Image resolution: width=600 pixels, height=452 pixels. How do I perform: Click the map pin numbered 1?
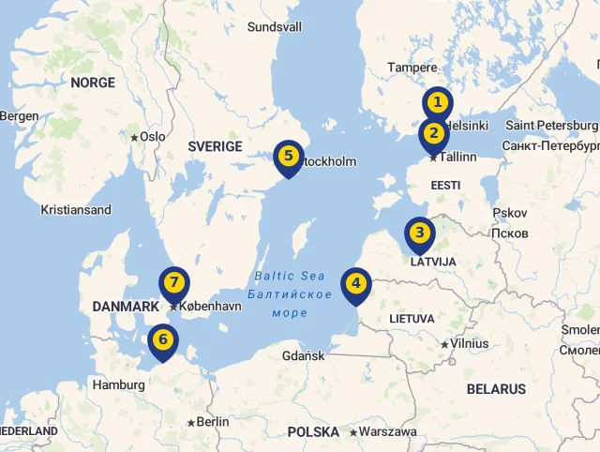tap(436, 102)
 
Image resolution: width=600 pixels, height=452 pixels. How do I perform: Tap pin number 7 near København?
tap(173, 282)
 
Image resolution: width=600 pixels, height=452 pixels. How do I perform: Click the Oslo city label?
tap(152, 137)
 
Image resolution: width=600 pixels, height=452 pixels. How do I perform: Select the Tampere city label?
tap(412, 68)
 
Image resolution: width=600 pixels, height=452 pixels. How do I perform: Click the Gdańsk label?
tap(303, 356)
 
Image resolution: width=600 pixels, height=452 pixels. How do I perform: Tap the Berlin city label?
tap(213, 422)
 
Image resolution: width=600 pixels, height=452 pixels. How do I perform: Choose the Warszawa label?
tap(387, 432)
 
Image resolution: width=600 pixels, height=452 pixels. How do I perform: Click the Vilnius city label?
tap(470, 344)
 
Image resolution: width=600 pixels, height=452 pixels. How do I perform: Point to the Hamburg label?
tap(118, 384)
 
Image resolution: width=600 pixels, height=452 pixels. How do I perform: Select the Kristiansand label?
tap(76, 210)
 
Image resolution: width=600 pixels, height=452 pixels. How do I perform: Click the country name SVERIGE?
tap(215, 146)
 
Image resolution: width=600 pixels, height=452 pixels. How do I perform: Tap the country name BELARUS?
tap(496, 389)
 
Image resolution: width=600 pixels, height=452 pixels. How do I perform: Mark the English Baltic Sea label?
tap(290, 276)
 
